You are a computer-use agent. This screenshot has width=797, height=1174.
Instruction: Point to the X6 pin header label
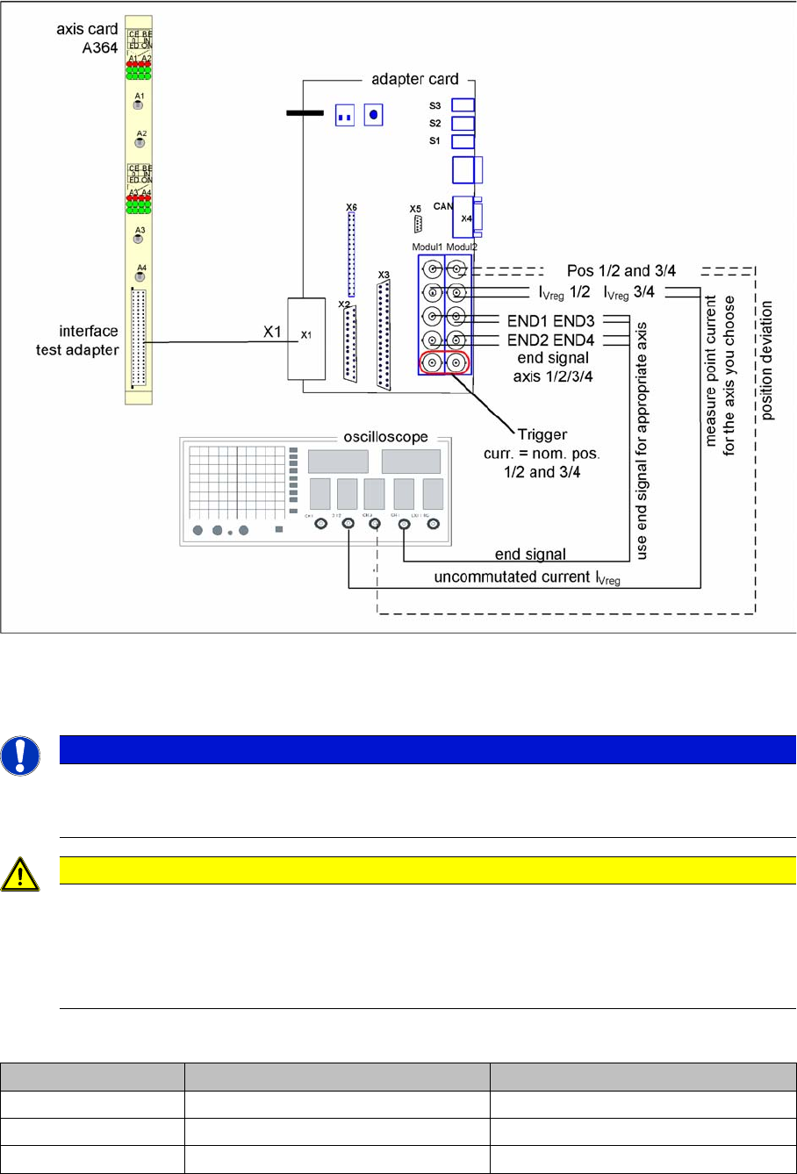pos(351,207)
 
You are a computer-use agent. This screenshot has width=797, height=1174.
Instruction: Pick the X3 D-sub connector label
pos(383,275)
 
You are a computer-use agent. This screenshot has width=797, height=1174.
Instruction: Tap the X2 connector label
pos(344,304)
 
